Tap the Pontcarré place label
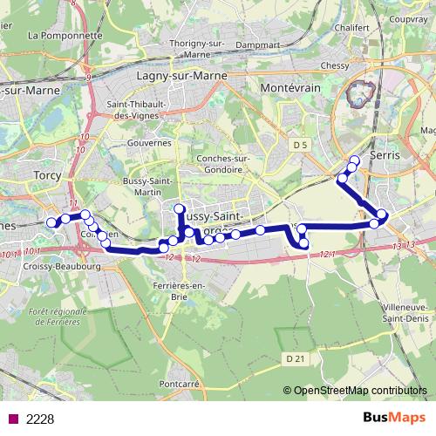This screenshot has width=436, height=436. (x=181, y=383)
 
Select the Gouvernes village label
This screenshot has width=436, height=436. (x=149, y=142)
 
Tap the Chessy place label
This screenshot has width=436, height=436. (x=334, y=65)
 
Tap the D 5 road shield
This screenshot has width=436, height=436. (x=302, y=143)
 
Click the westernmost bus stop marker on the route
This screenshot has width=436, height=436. (x=51, y=222)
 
